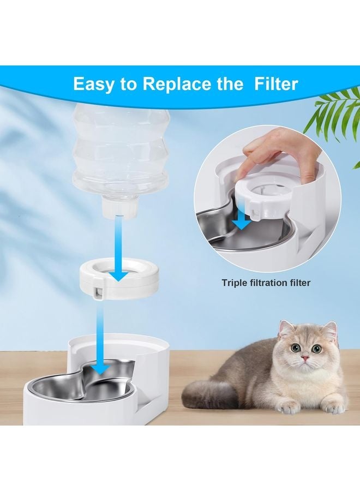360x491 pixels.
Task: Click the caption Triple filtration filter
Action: tap(266, 283)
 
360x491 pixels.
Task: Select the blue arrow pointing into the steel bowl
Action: tap(99, 338)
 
